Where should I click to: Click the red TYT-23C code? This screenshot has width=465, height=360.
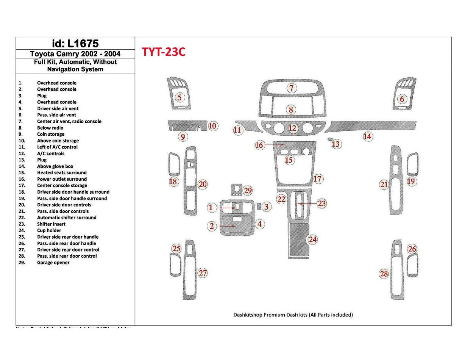[x=164, y=52]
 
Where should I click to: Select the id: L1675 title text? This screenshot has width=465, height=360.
[x=75, y=44]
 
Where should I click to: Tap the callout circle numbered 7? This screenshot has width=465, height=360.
[x=291, y=89]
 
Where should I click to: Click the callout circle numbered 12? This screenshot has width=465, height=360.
[x=292, y=128]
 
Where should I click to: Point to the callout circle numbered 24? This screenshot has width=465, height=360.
[x=312, y=239]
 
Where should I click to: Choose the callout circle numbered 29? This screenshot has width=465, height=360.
[x=248, y=191]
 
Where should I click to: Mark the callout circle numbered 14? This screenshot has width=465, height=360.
[x=367, y=136]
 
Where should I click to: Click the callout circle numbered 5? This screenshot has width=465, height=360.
[x=180, y=97]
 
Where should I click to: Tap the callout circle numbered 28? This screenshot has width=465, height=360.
[x=384, y=274]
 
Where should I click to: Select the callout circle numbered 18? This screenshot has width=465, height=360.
[x=173, y=182]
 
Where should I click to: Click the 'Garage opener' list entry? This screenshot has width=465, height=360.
[x=53, y=263]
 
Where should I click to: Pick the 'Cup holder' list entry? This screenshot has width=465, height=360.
[x=49, y=230]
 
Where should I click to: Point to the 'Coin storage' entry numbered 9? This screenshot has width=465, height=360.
[x=50, y=134]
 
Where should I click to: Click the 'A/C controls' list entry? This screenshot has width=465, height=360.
[x=50, y=153]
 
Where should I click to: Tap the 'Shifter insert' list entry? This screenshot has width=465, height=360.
[x=51, y=224]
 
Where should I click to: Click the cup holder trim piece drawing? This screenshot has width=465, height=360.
[x=298, y=240]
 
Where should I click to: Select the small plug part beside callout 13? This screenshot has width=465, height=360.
[x=331, y=139]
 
